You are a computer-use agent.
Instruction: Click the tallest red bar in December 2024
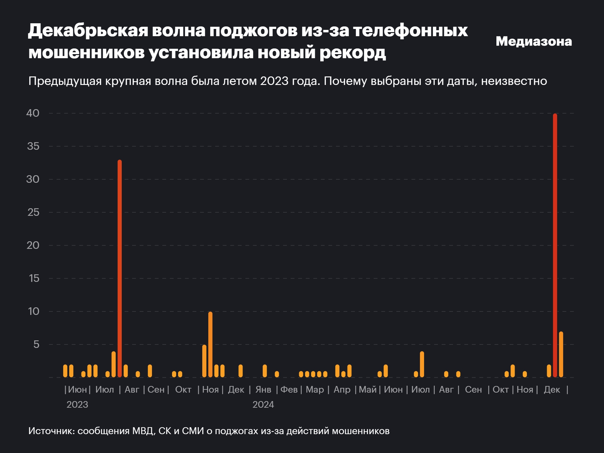(555, 245)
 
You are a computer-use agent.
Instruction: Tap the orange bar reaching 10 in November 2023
(210, 344)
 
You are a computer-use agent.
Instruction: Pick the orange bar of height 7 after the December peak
(561, 354)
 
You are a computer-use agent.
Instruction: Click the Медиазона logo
(534, 41)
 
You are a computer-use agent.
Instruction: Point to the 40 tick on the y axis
(33, 113)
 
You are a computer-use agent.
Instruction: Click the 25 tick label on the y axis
(33, 212)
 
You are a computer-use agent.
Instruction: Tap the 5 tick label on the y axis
(36, 344)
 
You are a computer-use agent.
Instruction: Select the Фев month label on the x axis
(289, 389)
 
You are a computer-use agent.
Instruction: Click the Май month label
(367, 389)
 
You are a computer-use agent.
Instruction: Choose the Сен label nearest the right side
(473, 389)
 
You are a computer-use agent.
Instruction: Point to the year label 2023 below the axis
(77, 405)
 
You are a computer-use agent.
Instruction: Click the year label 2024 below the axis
(263, 405)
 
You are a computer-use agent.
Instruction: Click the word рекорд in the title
(353, 52)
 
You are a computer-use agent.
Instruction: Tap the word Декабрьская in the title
(88, 31)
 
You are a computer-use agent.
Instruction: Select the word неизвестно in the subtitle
(514, 81)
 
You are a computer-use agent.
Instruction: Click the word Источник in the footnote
(51, 431)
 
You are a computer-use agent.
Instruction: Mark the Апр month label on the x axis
(342, 389)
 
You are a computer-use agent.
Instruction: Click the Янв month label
(263, 389)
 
